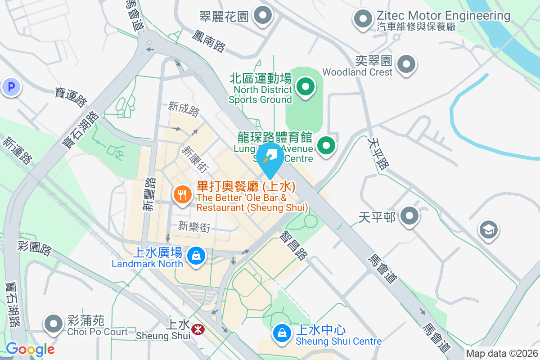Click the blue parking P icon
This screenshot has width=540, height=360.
[x=11, y=87]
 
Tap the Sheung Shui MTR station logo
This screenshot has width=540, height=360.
[x=197, y=329]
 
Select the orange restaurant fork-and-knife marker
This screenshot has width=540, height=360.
[x=182, y=195]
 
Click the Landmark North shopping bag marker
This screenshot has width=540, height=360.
[x=196, y=256]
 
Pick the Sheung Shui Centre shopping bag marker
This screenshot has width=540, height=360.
[x=281, y=333]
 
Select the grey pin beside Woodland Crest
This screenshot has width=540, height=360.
[x=407, y=64]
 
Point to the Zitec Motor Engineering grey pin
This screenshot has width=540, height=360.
[x=363, y=19]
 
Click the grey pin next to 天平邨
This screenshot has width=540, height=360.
[x=409, y=216]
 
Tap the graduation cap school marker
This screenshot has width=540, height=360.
[x=488, y=229]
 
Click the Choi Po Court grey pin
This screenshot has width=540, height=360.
[x=54, y=324]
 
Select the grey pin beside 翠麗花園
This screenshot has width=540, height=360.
[x=262, y=16]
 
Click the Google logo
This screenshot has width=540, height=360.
[x=30, y=349]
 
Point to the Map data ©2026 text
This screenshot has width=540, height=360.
[x=502, y=354]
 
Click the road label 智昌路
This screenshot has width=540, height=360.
[x=293, y=245]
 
